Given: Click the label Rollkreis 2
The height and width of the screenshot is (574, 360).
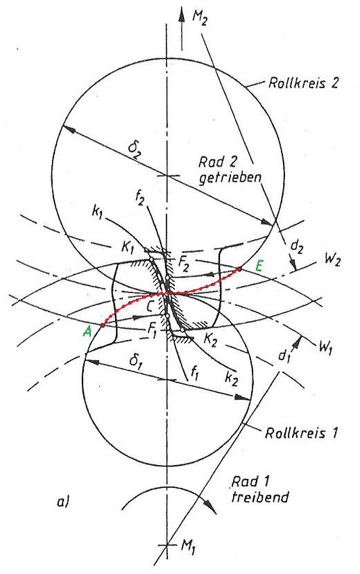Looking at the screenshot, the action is [303, 83].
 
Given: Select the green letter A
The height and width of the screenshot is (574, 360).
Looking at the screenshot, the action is [87, 331].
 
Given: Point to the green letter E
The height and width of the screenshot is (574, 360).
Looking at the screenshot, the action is [259, 266].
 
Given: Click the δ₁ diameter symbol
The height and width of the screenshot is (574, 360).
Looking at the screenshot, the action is [136, 362].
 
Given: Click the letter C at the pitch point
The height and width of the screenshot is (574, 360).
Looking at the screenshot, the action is [155, 305].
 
